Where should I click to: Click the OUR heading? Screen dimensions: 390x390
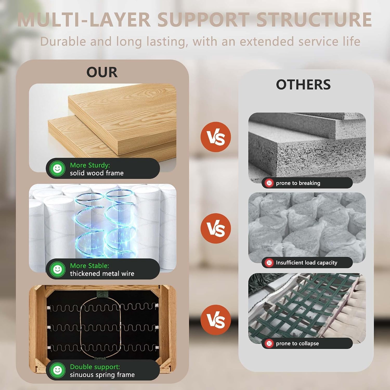click(102, 72)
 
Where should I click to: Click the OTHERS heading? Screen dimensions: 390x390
click(303, 84)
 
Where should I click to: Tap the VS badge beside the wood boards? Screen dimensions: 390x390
click(216, 137)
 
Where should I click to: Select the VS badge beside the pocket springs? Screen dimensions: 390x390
click(216, 229)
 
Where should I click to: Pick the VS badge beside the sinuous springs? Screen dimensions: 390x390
click(216, 320)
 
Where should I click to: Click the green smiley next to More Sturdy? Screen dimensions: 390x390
click(57, 168)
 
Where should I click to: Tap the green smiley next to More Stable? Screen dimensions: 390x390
click(57, 269)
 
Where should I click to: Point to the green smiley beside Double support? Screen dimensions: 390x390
click(57, 370)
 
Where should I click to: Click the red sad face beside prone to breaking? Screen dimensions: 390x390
click(269, 183)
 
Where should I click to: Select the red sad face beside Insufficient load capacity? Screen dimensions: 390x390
click(269, 263)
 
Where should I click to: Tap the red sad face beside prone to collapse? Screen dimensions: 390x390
click(269, 343)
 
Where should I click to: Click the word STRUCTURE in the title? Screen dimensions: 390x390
click(314, 19)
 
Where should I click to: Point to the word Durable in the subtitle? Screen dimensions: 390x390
click(63, 41)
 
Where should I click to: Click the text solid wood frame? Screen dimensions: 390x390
click(97, 173)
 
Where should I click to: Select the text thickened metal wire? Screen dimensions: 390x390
click(102, 274)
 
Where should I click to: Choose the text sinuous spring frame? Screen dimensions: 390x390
click(102, 375)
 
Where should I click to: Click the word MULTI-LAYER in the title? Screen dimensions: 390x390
click(84, 19)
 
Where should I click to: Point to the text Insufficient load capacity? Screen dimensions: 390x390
click(307, 263)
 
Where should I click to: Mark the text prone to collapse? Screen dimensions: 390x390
click(297, 343)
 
